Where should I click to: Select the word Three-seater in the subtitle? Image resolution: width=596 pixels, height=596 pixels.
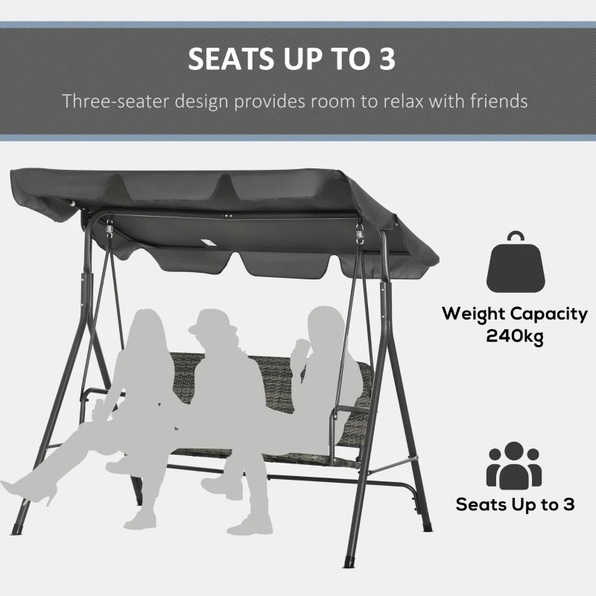[x=119, y=101]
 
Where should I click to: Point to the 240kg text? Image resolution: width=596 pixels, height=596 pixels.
[x=515, y=336]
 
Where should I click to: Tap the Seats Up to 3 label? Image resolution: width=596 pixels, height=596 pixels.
[x=515, y=504]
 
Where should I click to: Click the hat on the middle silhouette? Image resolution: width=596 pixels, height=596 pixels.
[x=210, y=320]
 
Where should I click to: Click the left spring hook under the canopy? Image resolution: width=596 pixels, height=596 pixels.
[x=110, y=226]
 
